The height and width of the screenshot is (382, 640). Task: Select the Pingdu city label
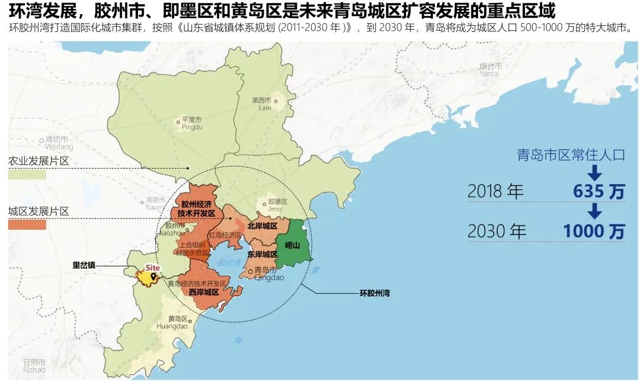191,123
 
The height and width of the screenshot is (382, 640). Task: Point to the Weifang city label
59,143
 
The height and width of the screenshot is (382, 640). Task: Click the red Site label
153,267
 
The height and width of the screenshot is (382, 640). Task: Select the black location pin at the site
154,276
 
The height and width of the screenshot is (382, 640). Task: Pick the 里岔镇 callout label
84,265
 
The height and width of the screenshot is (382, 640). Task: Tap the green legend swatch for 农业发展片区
27,175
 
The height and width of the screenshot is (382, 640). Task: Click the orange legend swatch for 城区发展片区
27,224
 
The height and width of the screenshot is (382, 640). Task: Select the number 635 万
599,191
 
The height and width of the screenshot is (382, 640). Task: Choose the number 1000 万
593,231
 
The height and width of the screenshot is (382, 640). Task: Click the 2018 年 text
496,191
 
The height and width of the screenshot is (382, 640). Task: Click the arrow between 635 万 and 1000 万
595,211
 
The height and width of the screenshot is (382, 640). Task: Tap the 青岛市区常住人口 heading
571,155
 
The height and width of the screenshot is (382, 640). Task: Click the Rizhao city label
34,365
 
